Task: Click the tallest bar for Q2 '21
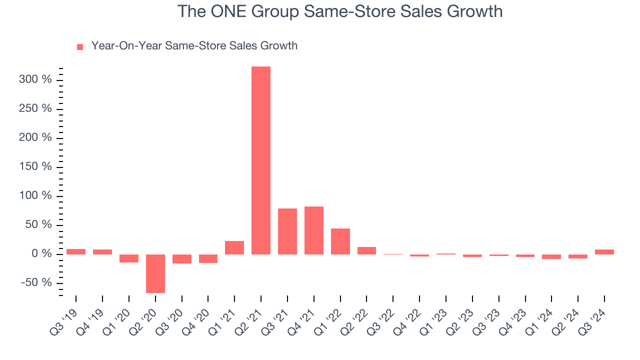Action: click(x=261, y=160)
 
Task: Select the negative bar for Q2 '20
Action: click(x=155, y=273)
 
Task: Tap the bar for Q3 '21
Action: click(x=287, y=231)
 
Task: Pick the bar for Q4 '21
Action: click(x=314, y=230)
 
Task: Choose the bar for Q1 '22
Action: click(x=340, y=241)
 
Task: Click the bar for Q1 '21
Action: click(x=234, y=247)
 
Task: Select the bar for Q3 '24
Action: click(x=604, y=252)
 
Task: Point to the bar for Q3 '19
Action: click(x=76, y=251)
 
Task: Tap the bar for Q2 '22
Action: click(x=366, y=250)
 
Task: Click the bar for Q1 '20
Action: click(x=129, y=258)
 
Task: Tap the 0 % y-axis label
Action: click(x=42, y=254)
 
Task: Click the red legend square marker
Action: click(x=80, y=47)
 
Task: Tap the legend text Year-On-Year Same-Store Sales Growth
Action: click(x=194, y=46)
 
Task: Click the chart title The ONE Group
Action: click(x=340, y=11)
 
